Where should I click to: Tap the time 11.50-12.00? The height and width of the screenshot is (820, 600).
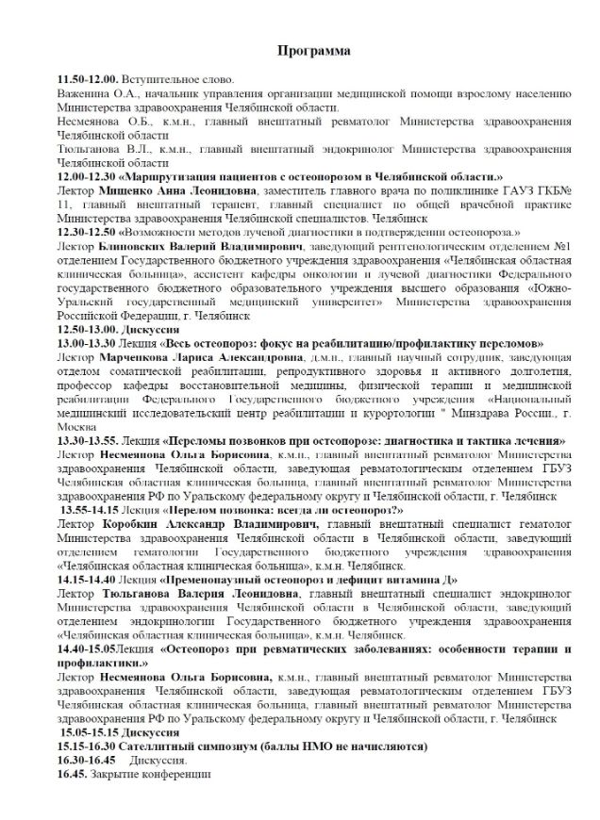[86, 80]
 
